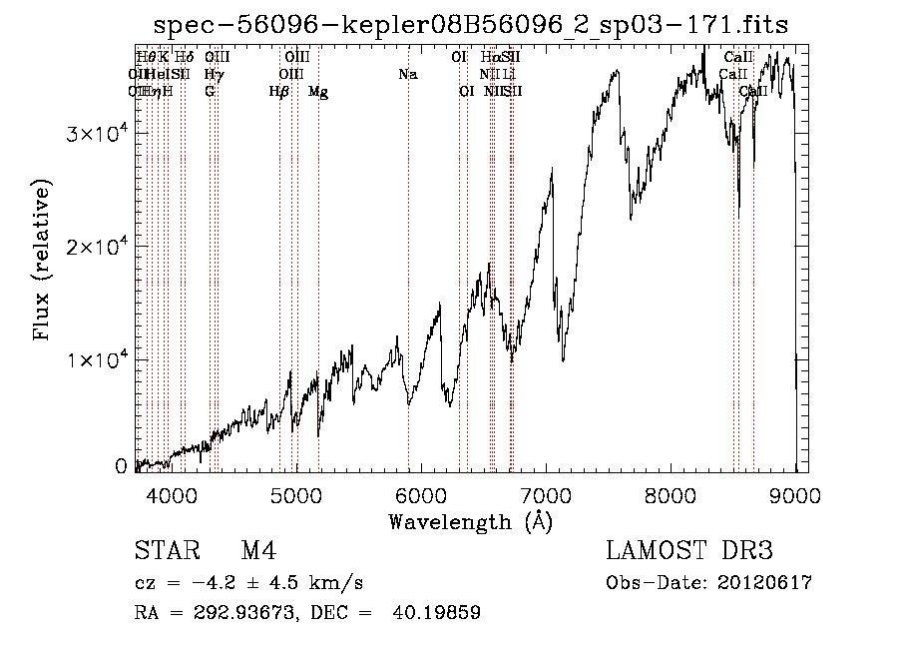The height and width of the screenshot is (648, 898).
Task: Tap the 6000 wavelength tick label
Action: point(421,494)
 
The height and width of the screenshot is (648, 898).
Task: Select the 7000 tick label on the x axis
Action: point(546,494)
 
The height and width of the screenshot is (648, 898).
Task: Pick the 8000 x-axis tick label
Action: point(672,494)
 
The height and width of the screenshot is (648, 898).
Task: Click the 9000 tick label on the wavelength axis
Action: point(795,494)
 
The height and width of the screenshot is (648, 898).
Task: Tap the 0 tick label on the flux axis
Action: point(121,466)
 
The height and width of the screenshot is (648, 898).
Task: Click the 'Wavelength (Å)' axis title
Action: point(469,521)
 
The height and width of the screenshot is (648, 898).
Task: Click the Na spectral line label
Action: point(407,75)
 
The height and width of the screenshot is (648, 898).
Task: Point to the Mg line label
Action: point(318,92)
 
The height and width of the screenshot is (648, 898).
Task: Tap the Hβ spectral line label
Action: point(279,92)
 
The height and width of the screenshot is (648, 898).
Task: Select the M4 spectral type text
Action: point(258,552)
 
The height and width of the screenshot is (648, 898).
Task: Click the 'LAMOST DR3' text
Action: point(688,552)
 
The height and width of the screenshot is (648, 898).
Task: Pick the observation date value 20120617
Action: point(764,583)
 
